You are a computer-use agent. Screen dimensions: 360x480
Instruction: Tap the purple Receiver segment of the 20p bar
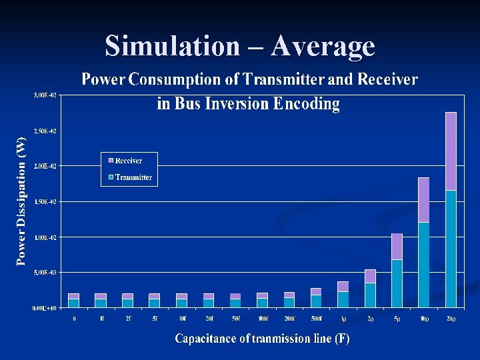click(451, 151)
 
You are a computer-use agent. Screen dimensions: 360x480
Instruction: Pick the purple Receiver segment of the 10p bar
click(424, 200)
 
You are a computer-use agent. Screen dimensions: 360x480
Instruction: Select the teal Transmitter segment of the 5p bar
click(397, 283)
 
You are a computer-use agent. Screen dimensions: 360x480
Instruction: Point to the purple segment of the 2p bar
click(370, 276)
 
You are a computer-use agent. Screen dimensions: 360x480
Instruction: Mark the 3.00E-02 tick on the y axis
click(45, 95)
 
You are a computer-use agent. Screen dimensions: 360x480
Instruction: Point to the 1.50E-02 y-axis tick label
click(45, 201)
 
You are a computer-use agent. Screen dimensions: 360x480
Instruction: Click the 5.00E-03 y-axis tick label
click(45, 272)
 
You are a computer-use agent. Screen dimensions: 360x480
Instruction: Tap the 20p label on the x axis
click(451, 319)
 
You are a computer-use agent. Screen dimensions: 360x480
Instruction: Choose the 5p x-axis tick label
click(397, 319)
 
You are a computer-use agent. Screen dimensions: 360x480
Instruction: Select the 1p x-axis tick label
click(343, 319)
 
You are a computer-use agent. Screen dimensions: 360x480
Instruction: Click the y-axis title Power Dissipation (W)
click(21, 200)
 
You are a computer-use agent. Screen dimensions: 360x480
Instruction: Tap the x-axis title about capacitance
click(262, 339)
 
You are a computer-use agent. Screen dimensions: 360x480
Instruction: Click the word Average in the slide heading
click(323, 47)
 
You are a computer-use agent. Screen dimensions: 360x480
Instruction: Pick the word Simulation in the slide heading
click(171, 47)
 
